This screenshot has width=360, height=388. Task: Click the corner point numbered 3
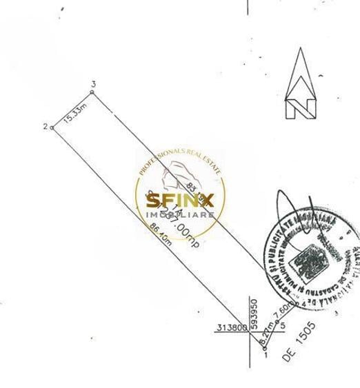pos(92,90)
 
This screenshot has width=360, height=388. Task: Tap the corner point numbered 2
pos(52,127)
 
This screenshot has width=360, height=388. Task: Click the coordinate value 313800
pos(232,327)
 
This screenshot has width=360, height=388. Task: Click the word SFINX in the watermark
pos(180,201)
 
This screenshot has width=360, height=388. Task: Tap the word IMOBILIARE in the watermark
pos(180,215)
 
